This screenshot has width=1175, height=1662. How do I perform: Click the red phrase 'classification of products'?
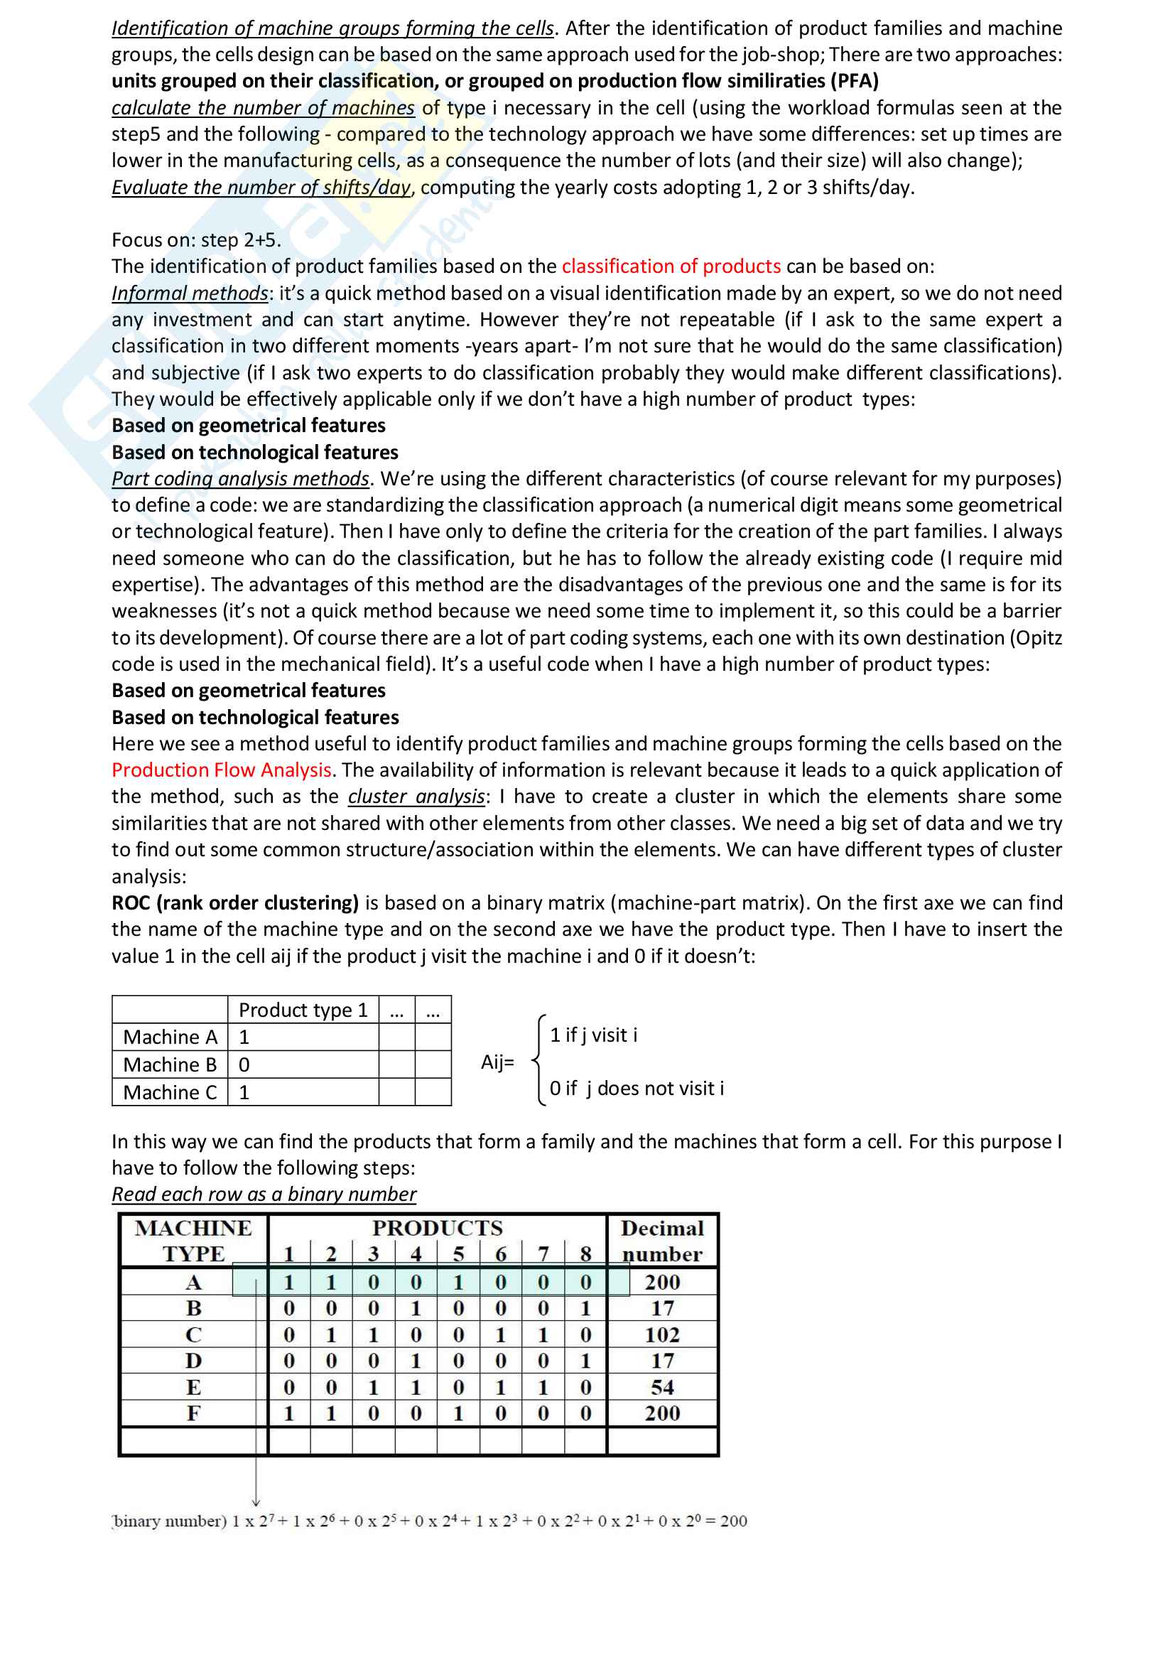(x=671, y=266)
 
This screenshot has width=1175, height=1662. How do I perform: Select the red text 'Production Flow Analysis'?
(x=222, y=770)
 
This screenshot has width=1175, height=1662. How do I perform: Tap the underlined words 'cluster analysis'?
(x=416, y=797)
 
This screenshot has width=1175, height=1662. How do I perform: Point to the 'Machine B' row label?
(x=170, y=1065)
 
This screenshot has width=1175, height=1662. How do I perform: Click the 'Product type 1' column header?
(x=303, y=1010)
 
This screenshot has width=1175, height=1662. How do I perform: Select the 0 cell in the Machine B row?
(x=244, y=1065)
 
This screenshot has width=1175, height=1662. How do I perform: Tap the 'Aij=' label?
(x=498, y=1062)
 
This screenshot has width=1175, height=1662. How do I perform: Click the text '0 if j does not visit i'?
(x=637, y=1089)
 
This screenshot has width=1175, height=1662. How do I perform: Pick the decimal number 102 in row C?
(x=662, y=1335)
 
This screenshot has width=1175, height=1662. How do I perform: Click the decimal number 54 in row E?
(x=662, y=1388)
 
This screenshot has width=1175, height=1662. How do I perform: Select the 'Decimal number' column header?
(x=662, y=1241)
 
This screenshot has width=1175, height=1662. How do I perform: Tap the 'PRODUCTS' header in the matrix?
(x=437, y=1229)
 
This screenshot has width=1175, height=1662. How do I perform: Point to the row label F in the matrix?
(x=193, y=1414)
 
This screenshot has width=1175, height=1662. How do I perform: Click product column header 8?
(x=585, y=1253)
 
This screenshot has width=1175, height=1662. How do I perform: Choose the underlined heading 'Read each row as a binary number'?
(x=264, y=1194)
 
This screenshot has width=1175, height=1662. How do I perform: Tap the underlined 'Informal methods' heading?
(x=190, y=293)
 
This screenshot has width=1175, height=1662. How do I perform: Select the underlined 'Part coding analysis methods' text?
(x=240, y=478)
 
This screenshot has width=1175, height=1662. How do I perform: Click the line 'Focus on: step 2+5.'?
(x=196, y=240)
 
